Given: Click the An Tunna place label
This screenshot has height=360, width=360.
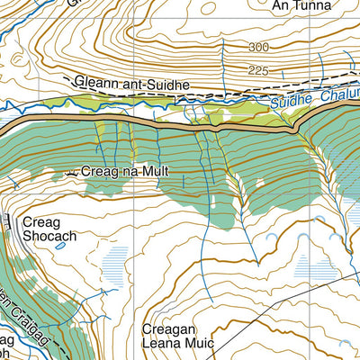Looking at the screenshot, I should pos(298,6).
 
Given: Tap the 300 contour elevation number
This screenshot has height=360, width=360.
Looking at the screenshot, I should pos(260,47).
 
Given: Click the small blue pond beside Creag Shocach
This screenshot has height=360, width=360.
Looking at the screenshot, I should pos(60,245).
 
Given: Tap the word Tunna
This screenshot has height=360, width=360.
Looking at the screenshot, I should pos(308,6).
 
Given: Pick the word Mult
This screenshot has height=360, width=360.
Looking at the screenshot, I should pos(155,171).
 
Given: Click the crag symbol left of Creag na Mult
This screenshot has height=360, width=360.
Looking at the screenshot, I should pos(69,172).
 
